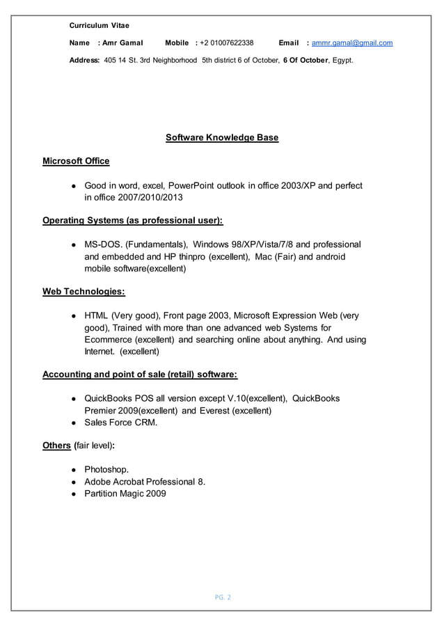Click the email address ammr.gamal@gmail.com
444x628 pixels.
click(x=351, y=43)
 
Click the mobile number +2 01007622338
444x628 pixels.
click(x=226, y=43)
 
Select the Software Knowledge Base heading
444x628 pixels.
click(x=221, y=138)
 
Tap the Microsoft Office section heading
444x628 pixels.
click(x=76, y=162)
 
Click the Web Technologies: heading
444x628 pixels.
click(x=84, y=291)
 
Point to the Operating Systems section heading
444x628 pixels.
click(x=133, y=221)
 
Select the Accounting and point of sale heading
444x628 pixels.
click(x=140, y=375)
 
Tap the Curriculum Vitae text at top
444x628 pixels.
click(x=99, y=25)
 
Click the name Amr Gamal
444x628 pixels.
click(x=122, y=43)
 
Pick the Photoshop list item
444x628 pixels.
click(x=106, y=469)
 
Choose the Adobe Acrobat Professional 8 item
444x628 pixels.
click(x=144, y=482)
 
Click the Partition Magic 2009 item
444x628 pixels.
click(x=125, y=494)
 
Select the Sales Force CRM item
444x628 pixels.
click(x=120, y=423)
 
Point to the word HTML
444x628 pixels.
click(x=96, y=315)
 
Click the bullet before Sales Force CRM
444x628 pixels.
click(x=73, y=423)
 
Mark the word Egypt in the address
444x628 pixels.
click(x=342, y=61)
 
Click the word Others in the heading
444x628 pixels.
click(x=56, y=446)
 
